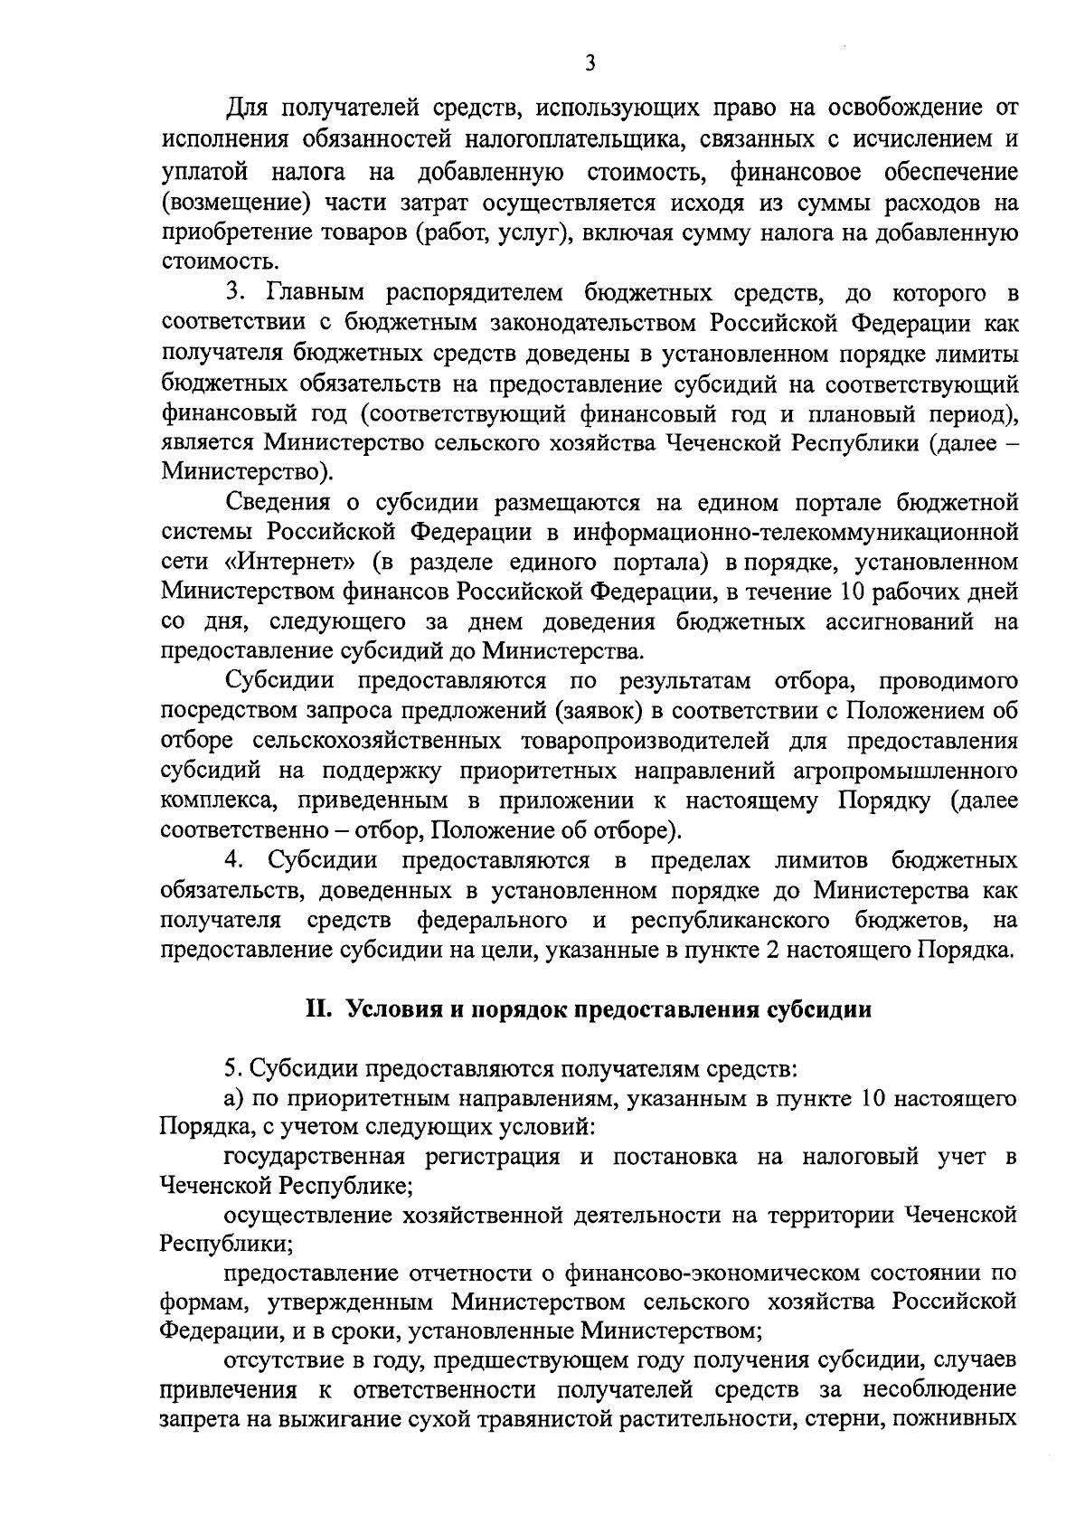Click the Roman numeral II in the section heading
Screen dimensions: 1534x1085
click(317, 1010)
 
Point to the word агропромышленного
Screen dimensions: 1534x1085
click(905, 771)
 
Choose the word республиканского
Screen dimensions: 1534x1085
click(731, 920)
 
